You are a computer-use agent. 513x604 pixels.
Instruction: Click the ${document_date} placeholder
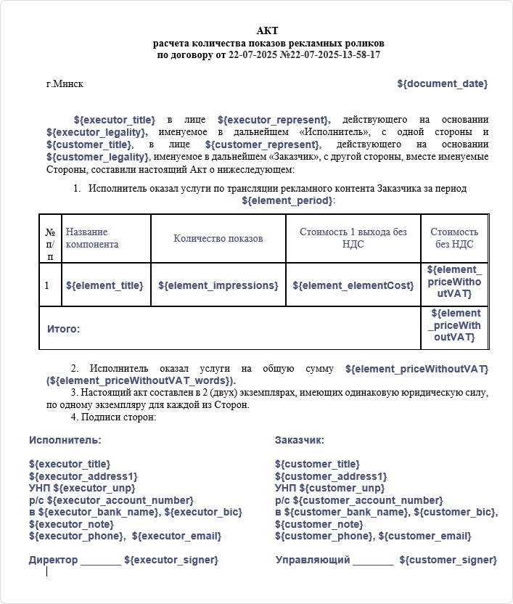442,84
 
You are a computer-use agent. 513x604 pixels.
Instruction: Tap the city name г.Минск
65,84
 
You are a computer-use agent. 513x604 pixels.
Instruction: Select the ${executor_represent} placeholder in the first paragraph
274,119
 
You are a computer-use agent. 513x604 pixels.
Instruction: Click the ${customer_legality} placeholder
98,157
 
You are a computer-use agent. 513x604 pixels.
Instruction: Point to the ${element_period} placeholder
287,200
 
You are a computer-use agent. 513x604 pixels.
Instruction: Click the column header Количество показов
218,238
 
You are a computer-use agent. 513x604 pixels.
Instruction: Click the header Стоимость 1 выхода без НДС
353,238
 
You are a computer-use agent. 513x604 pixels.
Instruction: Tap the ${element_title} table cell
104,285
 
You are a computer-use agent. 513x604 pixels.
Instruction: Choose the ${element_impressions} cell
218,285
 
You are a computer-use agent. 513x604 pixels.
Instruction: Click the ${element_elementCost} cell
353,285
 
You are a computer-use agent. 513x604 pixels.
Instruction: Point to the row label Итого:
64,329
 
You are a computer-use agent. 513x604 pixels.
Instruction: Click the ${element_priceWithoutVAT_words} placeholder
141,380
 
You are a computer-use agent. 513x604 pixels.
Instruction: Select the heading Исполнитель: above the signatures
65,440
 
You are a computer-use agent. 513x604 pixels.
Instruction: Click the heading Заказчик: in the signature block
300,440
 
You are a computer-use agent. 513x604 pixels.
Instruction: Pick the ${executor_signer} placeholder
171,560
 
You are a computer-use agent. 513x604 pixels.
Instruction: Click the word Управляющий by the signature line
313,560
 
